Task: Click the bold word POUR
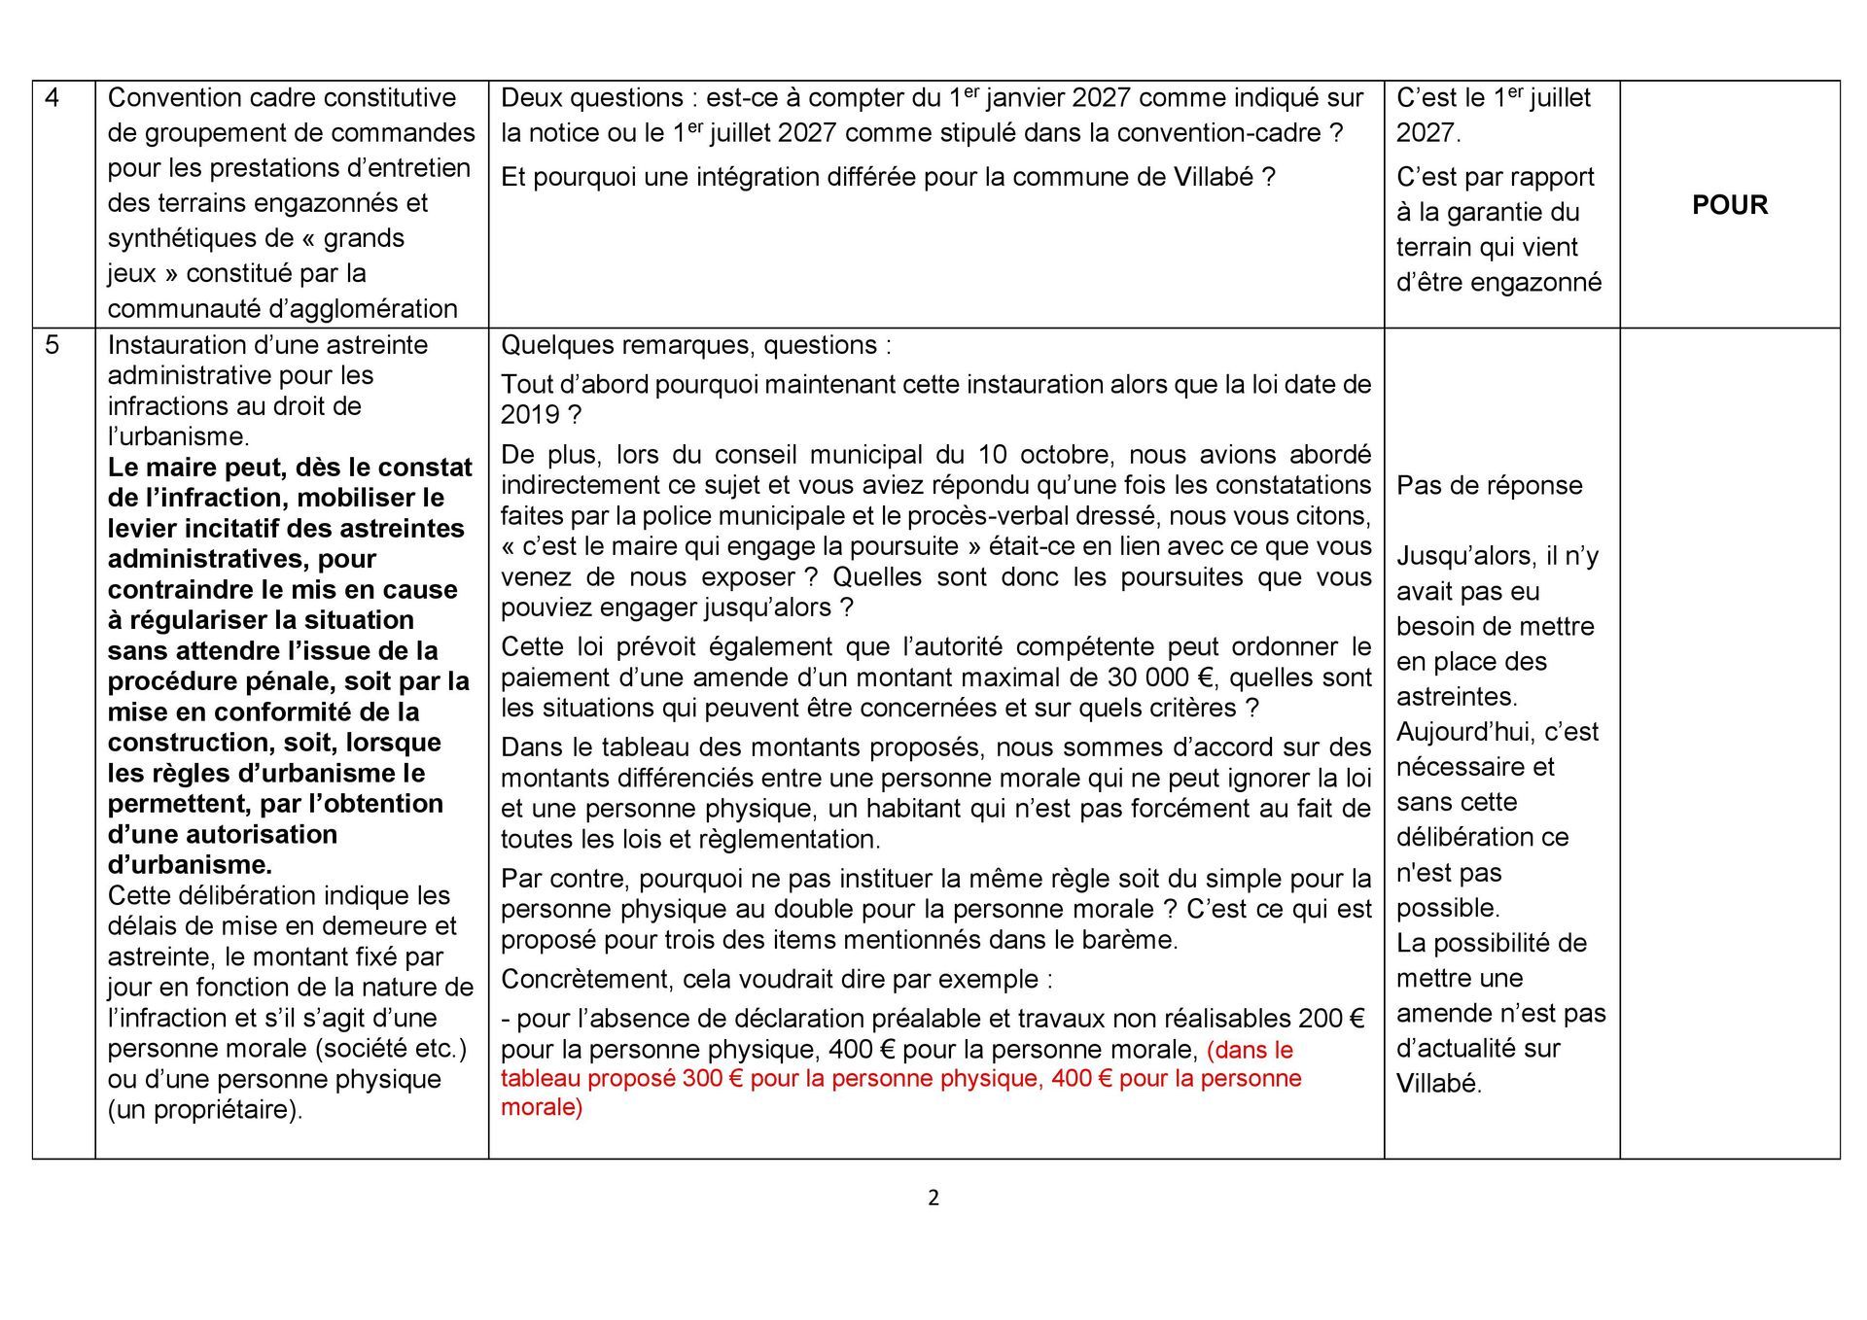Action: click(1730, 205)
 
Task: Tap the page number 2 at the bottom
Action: click(933, 1198)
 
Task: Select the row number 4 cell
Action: click(53, 98)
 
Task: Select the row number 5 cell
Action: click(53, 345)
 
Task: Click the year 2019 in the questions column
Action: click(530, 415)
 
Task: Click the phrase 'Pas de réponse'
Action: click(1489, 485)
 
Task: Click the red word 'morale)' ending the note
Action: click(542, 1107)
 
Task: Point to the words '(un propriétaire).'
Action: click(205, 1109)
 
